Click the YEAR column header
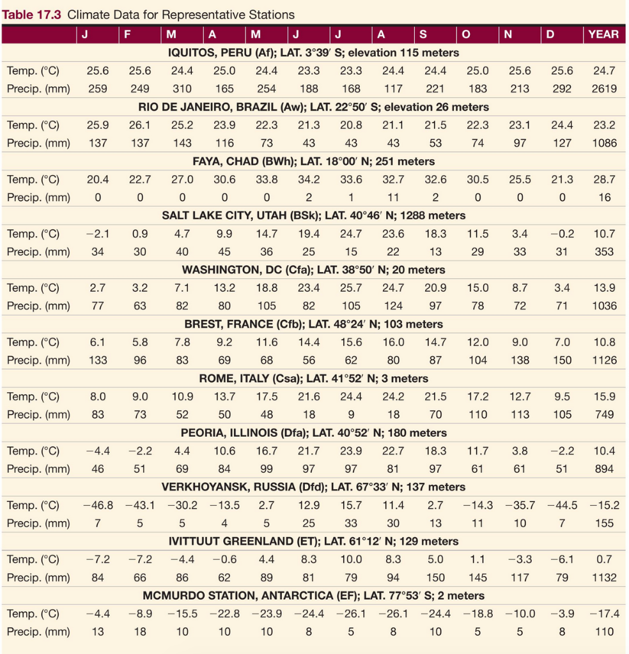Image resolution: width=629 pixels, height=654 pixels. click(x=603, y=34)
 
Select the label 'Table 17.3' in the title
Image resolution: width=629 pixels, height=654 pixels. click(x=31, y=14)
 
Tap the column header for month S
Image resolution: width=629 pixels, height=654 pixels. click(x=423, y=34)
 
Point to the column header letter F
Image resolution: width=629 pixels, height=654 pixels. click(x=127, y=34)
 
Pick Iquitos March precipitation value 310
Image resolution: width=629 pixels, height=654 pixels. click(x=182, y=89)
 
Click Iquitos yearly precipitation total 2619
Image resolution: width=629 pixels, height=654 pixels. click(x=604, y=89)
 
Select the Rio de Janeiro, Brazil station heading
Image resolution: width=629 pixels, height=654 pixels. click(x=313, y=107)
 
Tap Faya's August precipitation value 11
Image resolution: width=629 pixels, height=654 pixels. click(x=393, y=197)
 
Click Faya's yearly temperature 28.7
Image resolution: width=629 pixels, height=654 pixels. click(x=604, y=179)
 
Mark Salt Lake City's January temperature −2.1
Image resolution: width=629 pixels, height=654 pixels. click(x=98, y=234)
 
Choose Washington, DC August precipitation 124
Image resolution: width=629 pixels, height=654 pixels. click(x=393, y=306)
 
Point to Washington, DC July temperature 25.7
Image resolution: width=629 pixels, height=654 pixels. click(x=351, y=288)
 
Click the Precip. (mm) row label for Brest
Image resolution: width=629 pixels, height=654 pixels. click(x=38, y=360)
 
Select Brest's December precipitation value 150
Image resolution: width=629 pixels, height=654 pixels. click(x=562, y=360)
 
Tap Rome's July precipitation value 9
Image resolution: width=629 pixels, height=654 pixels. click(x=351, y=414)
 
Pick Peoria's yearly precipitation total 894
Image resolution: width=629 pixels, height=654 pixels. click(x=604, y=469)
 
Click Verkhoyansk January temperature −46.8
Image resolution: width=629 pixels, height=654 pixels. click(x=98, y=505)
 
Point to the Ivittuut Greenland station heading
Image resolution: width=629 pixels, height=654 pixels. click(x=313, y=541)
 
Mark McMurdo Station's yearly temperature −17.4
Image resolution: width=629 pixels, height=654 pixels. click(x=604, y=614)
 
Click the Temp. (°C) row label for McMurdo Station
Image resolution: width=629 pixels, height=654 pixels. click(x=33, y=614)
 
